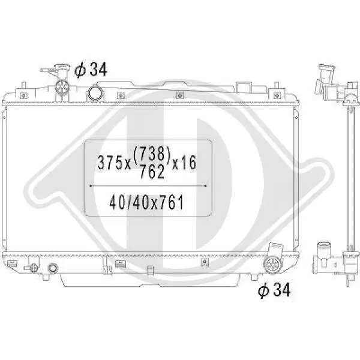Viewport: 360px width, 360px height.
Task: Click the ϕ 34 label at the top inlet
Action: pyautogui.click(x=91, y=70)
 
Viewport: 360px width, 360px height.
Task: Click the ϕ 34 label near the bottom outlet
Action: pyautogui.click(x=274, y=290)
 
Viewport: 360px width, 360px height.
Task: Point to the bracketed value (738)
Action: pyautogui.click(x=152, y=154)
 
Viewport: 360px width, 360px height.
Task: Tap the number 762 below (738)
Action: pyautogui.click(x=152, y=172)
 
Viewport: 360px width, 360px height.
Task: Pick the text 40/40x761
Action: pyautogui.click(x=146, y=203)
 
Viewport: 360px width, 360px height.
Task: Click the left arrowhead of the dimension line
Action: pyautogui.click(x=91, y=186)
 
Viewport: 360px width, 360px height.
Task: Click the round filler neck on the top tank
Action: pyautogui.click(x=95, y=94)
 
